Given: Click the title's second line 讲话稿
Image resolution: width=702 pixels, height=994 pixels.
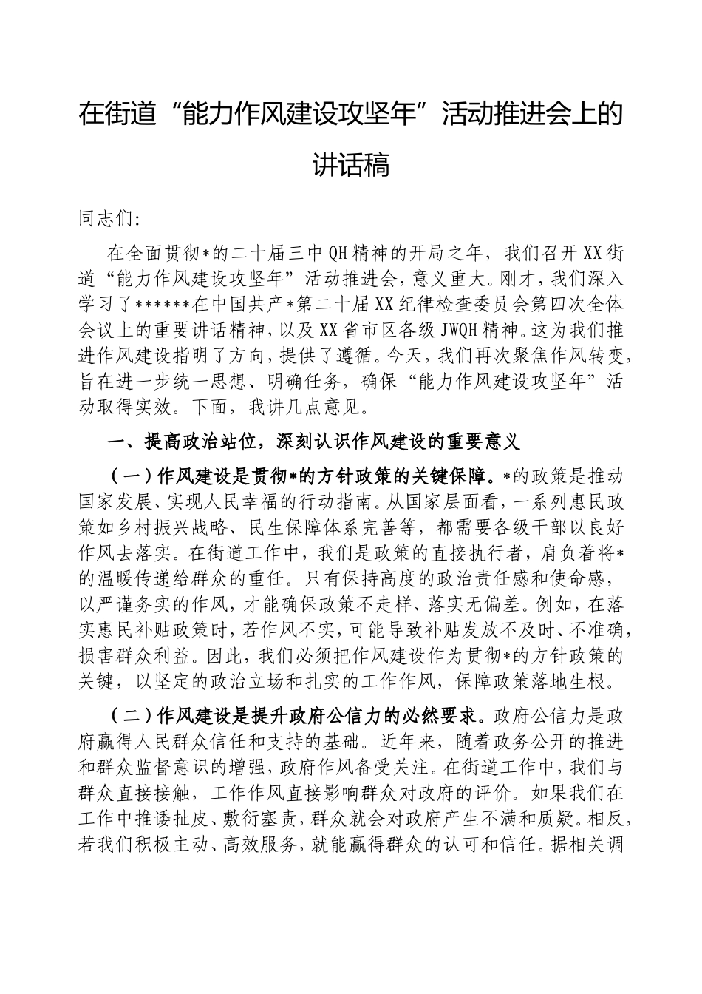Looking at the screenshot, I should pyautogui.click(x=350, y=164).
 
